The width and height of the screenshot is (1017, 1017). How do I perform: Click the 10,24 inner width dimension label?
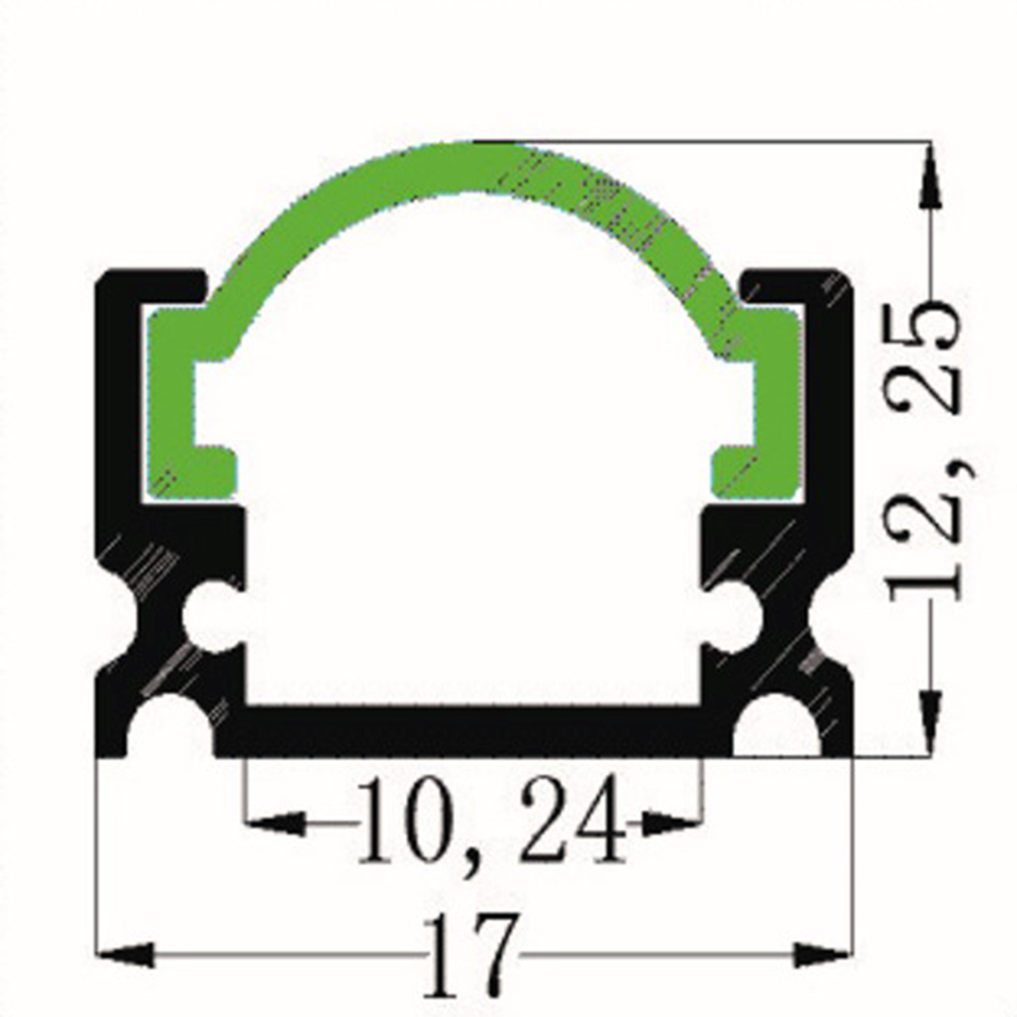point(491,819)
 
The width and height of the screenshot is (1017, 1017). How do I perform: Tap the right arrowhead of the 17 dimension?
point(824,954)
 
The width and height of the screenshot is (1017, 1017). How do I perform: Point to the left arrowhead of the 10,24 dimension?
point(275,823)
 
